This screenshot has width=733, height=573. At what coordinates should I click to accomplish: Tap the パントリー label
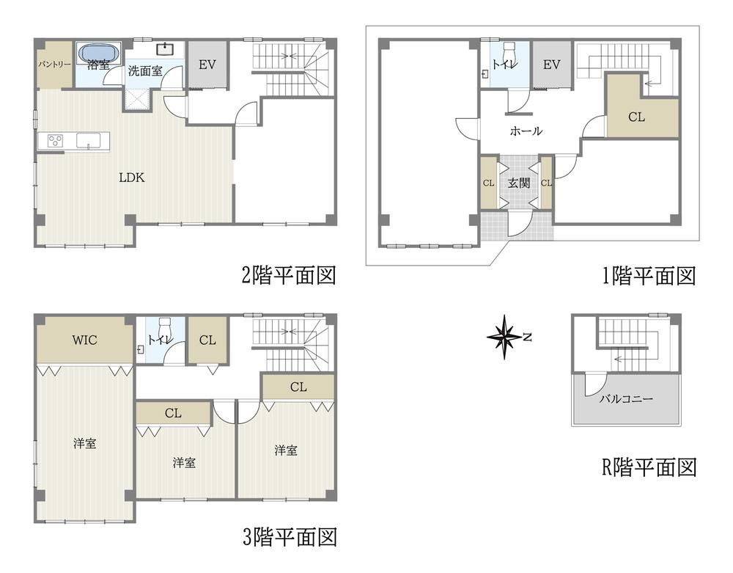[54, 64]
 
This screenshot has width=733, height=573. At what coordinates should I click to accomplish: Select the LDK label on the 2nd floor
[132, 178]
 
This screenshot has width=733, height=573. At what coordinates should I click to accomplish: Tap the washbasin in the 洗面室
[164, 48]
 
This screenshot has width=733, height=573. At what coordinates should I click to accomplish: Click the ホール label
[526, 131]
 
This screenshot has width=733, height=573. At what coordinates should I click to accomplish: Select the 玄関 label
[518, 183]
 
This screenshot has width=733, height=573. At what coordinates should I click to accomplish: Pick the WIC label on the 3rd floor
[84, 340]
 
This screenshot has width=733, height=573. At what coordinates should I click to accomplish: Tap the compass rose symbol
[505, 337]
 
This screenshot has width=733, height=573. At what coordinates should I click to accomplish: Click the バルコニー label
[626, 399]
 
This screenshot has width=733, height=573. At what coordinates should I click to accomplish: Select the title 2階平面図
[288, 276]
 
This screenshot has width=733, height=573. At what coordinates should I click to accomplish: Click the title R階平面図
[649, 467]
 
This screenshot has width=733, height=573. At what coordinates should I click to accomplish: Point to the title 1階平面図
[649, 276]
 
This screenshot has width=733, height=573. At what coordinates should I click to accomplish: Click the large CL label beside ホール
[637, 117]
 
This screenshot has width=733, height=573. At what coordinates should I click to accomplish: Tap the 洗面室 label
[145, 71]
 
